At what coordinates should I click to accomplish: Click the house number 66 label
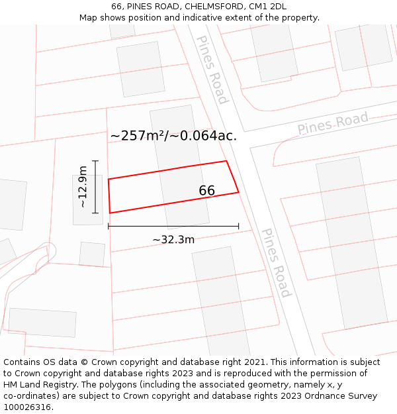(207, 191)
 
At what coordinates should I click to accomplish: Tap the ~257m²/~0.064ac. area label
(173, 136)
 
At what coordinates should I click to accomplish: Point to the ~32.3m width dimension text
(173, 240)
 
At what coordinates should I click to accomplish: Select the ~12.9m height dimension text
(83, 187)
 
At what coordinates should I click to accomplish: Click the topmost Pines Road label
(212, 70)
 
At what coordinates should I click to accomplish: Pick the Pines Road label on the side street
(332, 124)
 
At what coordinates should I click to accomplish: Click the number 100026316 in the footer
(26, 407)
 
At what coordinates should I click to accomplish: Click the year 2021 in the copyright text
(256, 362)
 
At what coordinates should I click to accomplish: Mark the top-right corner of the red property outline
(226, 161)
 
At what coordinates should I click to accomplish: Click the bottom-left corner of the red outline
(110, 213)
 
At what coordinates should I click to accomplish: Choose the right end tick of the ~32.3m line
(238, 227)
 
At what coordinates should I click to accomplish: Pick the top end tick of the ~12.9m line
(95, 161)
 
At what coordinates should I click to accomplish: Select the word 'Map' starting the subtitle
(89, 18)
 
